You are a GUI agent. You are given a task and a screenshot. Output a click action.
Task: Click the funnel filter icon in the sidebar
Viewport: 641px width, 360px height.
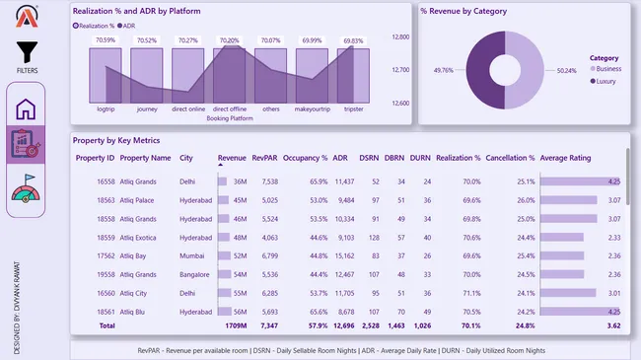point(27,53)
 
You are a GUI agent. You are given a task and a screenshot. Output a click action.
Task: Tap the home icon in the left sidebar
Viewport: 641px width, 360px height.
point(26,108)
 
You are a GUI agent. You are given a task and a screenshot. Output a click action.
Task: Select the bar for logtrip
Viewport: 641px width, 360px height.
point(105,76)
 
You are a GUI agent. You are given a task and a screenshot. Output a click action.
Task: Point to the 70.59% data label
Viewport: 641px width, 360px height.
point(105,40)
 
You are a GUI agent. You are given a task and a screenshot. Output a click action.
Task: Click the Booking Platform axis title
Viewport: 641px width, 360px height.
point(229,118)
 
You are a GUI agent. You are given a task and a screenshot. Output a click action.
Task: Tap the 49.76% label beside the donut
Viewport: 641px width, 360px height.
point(444,70)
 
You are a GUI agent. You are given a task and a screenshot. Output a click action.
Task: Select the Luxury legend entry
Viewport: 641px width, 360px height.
point(605,81)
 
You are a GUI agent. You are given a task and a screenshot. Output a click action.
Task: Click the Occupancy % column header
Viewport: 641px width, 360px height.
point(305,158)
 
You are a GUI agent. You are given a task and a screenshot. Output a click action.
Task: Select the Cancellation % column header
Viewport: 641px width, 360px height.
point(510,158)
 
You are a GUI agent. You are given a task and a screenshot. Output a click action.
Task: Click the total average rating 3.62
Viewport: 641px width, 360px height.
point(611,324)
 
